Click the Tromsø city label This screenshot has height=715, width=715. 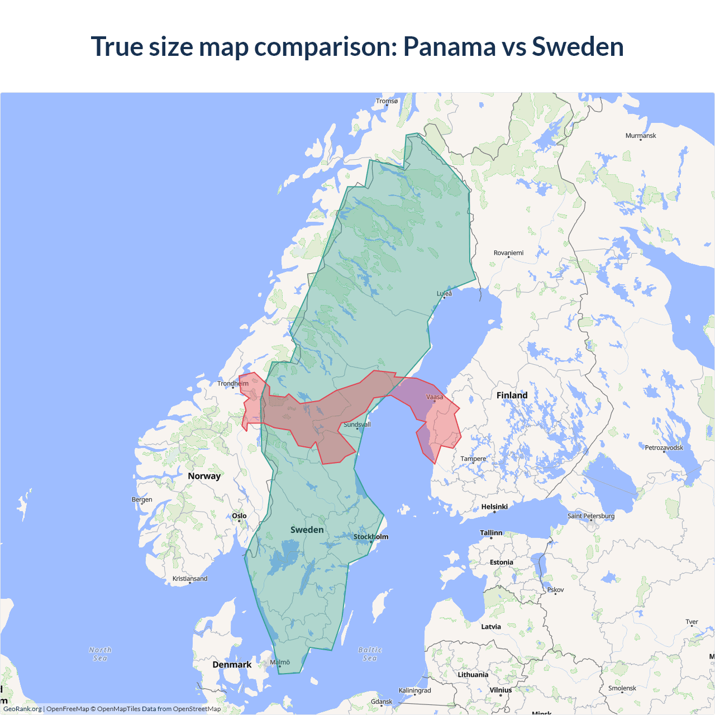coord(387,101)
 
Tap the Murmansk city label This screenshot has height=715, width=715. coord(641,136)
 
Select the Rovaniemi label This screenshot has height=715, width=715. coord(508,253)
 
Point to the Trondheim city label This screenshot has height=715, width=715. coord(233,383)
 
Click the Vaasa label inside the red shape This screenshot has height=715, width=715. coord(435,397)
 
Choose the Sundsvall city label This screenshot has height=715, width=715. coord(357,425)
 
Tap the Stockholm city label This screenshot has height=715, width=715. coord(371,537)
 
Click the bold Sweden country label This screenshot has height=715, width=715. coord(307,530)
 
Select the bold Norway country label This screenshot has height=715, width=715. coord(204,476)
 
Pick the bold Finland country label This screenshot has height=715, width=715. coord(512,395)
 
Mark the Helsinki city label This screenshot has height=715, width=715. coord(494,507)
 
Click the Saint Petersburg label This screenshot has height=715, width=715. coord(590,516)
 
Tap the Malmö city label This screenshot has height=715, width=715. coord(280,662)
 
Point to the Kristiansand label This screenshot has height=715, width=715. coord(190,578)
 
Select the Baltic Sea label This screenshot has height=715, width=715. coord(370,654)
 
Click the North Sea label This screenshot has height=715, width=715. coord(100,654)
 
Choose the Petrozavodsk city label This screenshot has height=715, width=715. coord(664,447)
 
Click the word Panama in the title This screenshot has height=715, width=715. coord(449,46)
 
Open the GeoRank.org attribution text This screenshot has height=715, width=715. coord(22,709)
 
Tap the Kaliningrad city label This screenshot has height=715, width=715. coord(414,690)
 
